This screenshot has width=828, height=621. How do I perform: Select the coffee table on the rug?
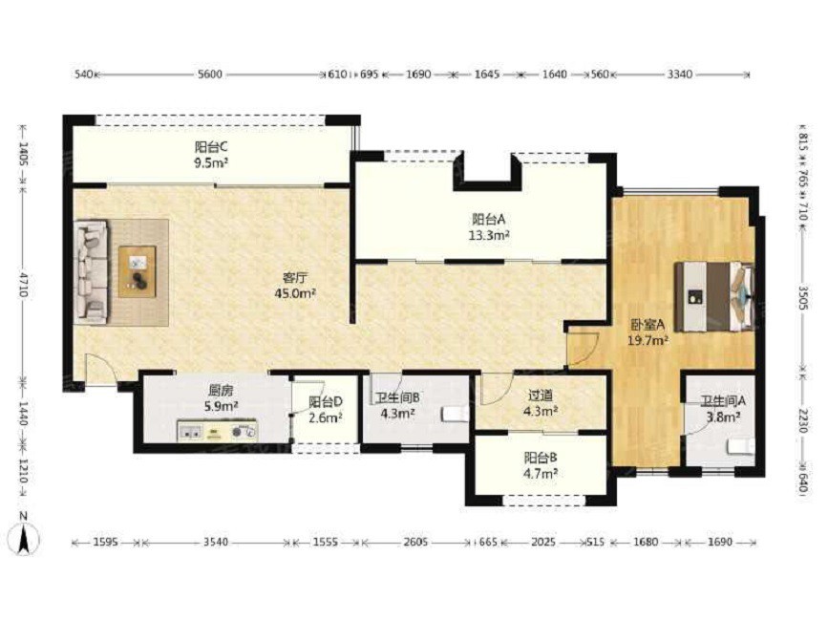click(x=138, y=271)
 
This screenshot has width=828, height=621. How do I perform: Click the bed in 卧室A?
click(x=714, y=296)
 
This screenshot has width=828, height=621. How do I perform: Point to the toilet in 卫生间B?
click(x=455, y=414)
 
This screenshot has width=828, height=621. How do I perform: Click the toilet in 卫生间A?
click(x=740, y=447)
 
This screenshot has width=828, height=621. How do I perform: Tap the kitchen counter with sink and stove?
click(x=217, y=431)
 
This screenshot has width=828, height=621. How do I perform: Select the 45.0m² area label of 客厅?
click(x=295, y=293)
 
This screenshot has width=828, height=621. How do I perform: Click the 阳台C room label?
click(x=211, y=147)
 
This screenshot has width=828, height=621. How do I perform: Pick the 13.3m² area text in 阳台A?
click(x=489, y=236)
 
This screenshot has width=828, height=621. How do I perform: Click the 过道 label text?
click(x=541, y=395)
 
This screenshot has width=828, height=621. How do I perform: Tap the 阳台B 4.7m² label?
click(x=541, y=465)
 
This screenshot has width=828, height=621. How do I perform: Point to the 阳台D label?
click(x=326, y=402)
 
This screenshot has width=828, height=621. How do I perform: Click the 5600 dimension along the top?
click(x=210, y=75)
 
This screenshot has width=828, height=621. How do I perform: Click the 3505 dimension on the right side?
click(x=802, y=299)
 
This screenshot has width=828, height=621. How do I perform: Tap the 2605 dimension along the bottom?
click(x=415, y=542)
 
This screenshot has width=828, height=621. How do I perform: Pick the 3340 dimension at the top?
click(x=680, y=75)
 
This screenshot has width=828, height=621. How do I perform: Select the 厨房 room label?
click(x=221, y=392)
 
